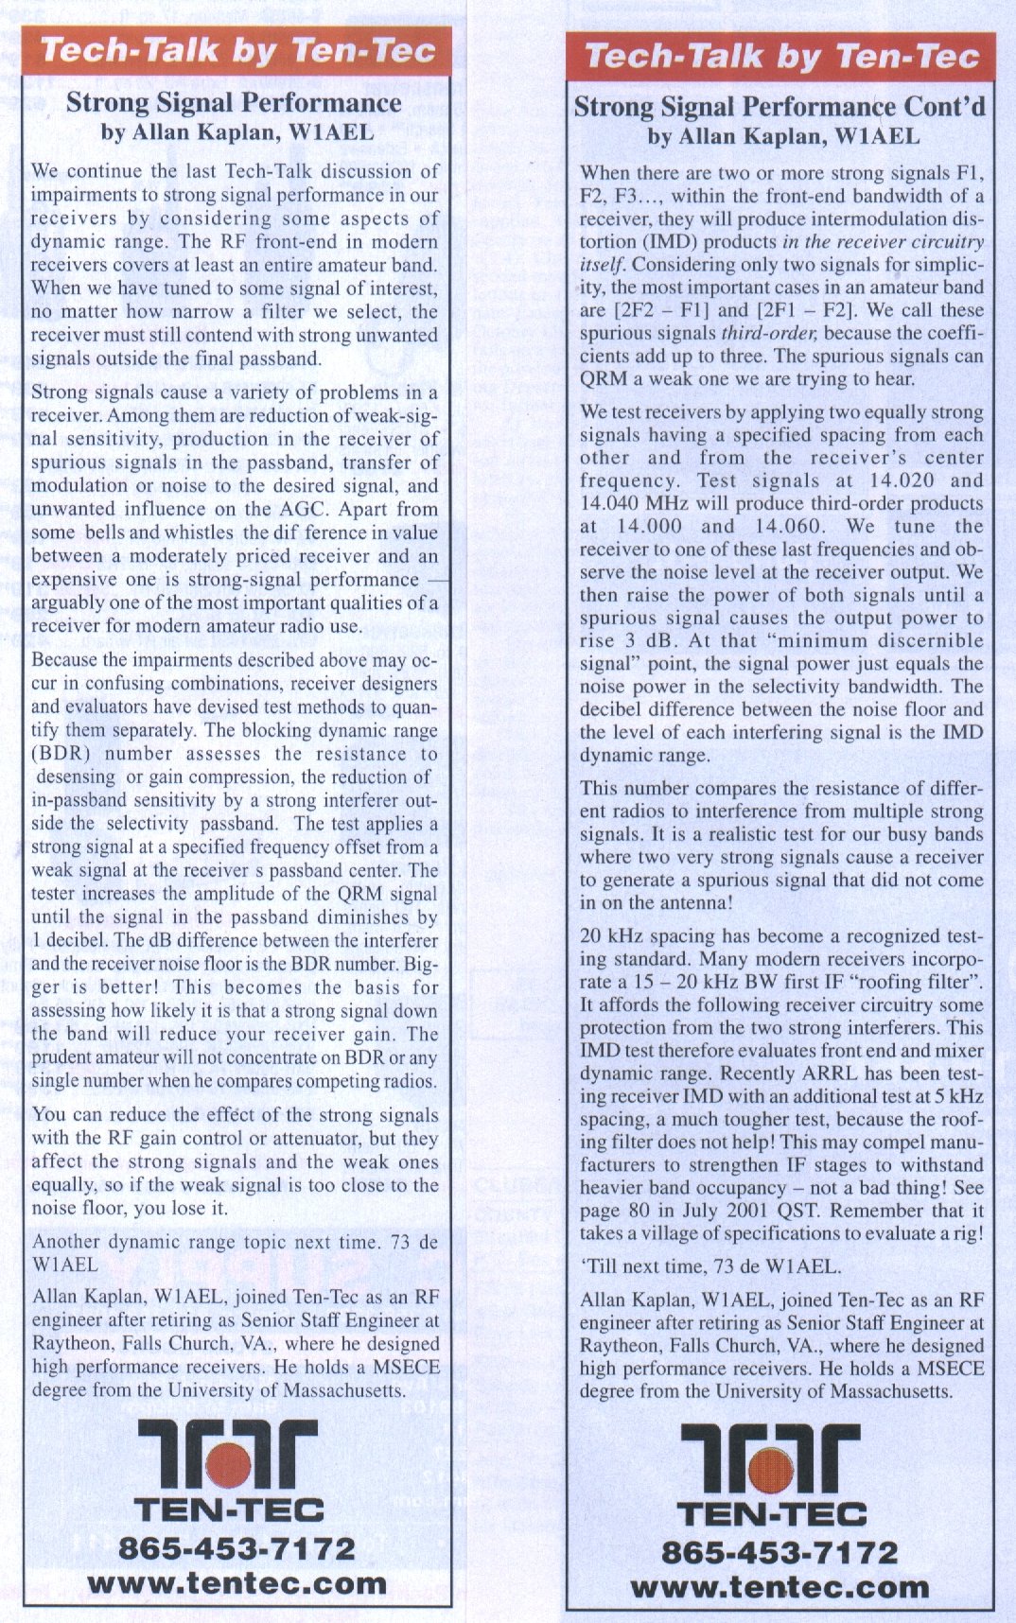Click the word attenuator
(x=318, y=1139)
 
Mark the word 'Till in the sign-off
(x=601, y=1267)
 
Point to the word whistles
(x=199, y=532)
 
